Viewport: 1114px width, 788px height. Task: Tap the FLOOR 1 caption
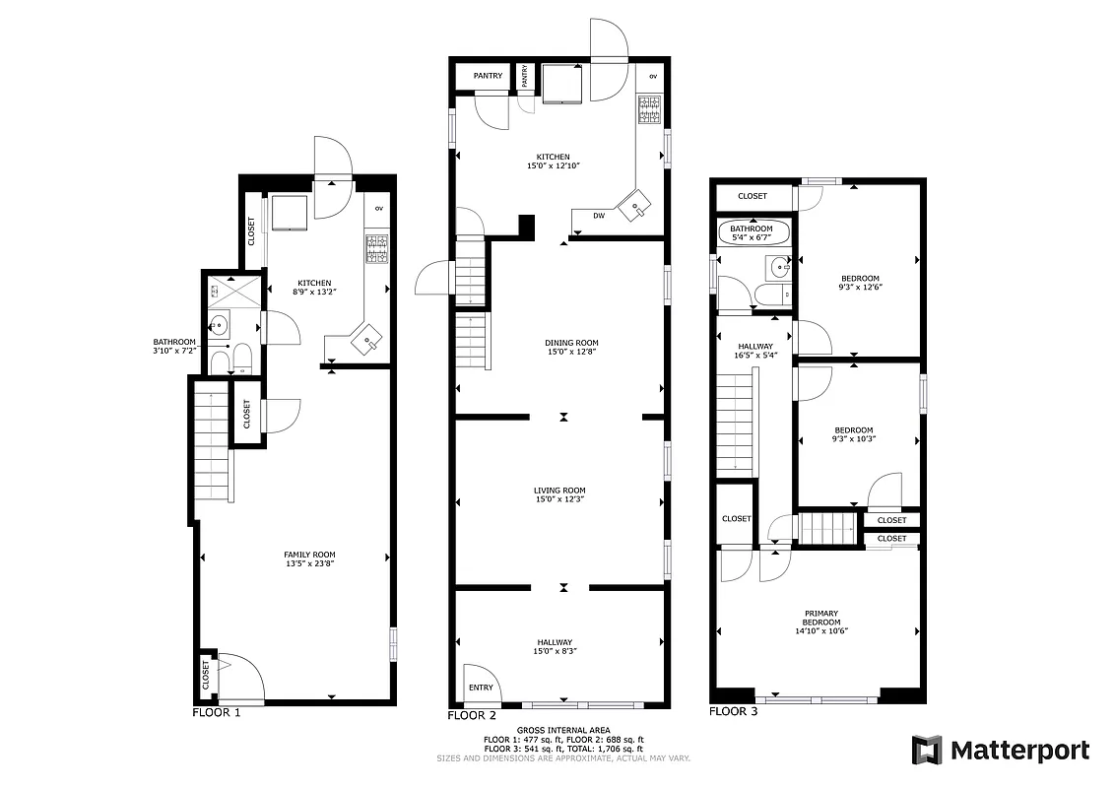(216, 711)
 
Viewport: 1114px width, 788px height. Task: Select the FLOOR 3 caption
(734, 711)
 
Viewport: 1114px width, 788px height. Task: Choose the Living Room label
(559, 494)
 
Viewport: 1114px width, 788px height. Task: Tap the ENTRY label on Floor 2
(481, 689)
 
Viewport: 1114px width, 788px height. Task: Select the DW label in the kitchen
(599, 216)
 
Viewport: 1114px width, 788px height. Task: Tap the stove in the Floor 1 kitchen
(376, 248)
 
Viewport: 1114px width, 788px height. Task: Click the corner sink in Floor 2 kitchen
(631, 203)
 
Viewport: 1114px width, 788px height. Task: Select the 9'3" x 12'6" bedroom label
(859, 283)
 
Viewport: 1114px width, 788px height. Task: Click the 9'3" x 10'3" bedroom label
(854, 434)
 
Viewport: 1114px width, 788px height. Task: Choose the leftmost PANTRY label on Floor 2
(488, 76)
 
